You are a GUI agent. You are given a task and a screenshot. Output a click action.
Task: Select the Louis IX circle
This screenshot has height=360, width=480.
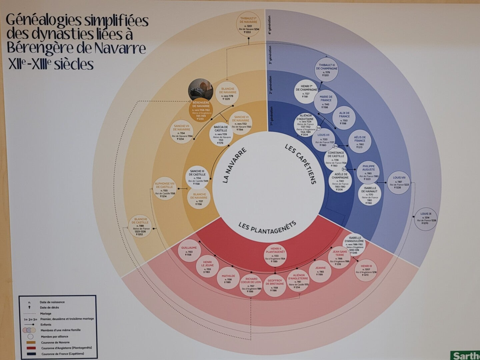(426, 219)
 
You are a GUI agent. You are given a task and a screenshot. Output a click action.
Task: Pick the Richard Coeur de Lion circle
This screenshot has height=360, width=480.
(251, 285)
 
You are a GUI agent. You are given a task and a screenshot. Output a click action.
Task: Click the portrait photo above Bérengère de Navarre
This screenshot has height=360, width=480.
(201, 89)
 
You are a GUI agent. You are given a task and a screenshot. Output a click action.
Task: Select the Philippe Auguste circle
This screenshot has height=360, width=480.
(368, 172)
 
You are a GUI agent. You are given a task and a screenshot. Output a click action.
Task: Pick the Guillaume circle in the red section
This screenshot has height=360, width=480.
(189, 251)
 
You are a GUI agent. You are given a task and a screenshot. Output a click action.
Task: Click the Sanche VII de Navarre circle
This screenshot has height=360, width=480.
(181, 132)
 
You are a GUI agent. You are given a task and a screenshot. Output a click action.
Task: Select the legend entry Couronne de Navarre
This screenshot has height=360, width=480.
(55, 342)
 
